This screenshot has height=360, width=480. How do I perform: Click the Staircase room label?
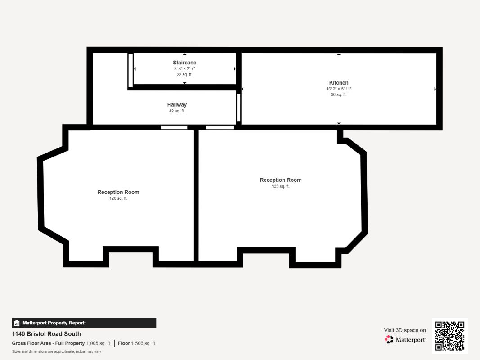click(x=184, y=63)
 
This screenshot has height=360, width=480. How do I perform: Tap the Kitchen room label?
click(x=339, y=83)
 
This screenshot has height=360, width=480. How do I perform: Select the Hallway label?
click(x=177, y=105)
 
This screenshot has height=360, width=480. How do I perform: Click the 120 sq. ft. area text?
click(x=118, y=198)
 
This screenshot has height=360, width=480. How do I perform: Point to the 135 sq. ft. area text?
click(x=280, y=186)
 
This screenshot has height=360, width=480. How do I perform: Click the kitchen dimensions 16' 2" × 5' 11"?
click(x=339, y=89)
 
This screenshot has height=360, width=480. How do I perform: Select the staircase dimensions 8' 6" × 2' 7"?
click(x=184, y=68)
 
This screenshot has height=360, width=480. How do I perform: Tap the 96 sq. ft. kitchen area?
click(x=338, y=94)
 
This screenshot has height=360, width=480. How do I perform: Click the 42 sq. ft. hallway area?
click(x=177, y=111)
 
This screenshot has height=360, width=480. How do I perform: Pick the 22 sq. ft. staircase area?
click(x=184, y=74)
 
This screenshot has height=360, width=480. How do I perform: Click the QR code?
click(x=450, y=336)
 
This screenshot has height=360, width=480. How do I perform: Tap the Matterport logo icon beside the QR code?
click(x=389, y=339)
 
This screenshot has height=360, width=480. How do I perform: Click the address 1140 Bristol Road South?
click(x=46, y=333)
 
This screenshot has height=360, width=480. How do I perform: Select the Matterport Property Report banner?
click(x=84, y=323)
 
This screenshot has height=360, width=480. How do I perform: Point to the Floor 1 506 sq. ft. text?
click(x=137, y=343)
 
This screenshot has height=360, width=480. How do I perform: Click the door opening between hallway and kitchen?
click(x=238, y=108)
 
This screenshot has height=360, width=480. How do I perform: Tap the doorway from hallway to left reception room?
click(x=174, y=127)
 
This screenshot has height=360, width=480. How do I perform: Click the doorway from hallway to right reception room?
click(x=220, y=127)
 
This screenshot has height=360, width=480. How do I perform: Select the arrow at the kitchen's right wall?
click(x=435, y=89)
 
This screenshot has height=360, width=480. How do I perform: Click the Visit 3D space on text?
click(x=405, y=330)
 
